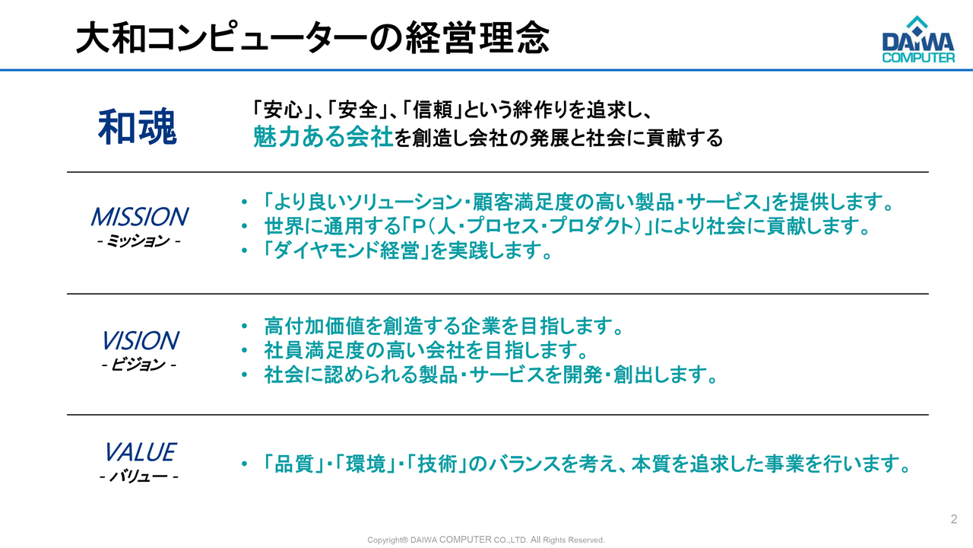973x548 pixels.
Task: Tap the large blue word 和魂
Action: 138,126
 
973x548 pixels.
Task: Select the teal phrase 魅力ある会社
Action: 324,138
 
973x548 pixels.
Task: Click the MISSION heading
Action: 138,217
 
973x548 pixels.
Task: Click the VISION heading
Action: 139,340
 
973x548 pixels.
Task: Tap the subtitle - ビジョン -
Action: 139,365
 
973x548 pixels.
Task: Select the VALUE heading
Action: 139,452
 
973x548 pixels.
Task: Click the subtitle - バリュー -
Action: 139,478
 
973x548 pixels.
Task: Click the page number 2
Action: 954,520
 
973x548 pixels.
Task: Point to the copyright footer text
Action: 486,540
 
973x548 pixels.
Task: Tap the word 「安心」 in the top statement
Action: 280,110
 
